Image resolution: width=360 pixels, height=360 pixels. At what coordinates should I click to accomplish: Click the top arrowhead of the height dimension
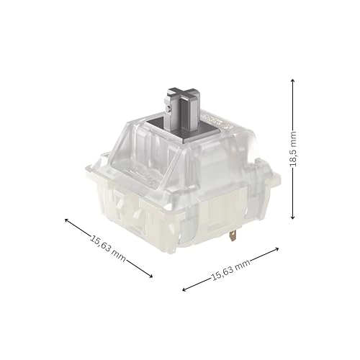[292, 81]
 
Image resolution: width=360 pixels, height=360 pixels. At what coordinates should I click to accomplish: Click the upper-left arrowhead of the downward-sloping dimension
[67, 221]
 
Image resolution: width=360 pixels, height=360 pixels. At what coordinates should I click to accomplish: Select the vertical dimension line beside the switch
[292, 180]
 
